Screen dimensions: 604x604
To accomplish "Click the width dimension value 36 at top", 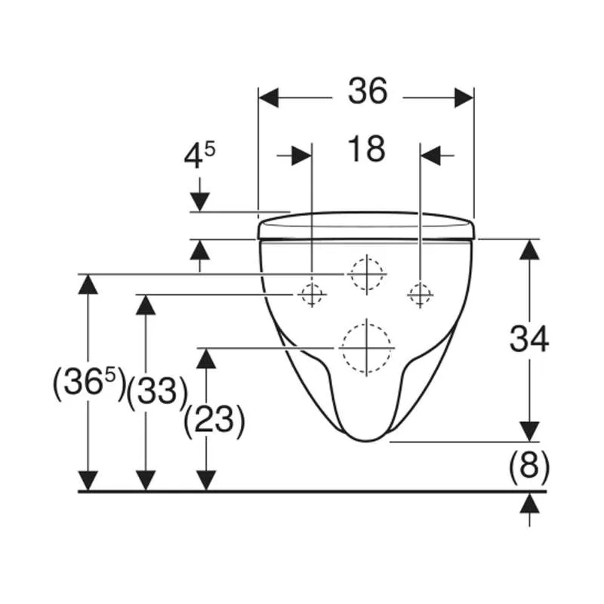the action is (368, 91).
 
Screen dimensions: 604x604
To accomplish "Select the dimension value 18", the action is (366, 149).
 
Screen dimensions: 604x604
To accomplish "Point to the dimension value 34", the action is (529, 339).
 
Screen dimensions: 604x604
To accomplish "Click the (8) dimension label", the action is (529, 467).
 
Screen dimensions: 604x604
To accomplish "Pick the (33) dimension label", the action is (157, 391).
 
